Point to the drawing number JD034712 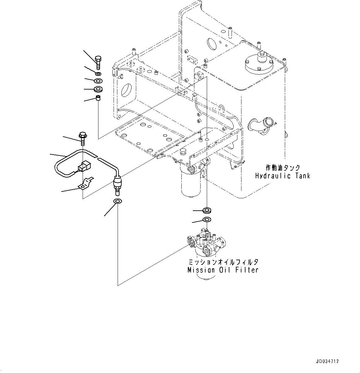pos(327,361)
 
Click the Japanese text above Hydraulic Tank pos(282,168)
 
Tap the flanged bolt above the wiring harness pos(83,138)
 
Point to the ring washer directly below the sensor pos(118,202)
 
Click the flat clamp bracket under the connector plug pos(86,183)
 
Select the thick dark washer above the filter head pos(206,211)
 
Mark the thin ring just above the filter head pos(206,220)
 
